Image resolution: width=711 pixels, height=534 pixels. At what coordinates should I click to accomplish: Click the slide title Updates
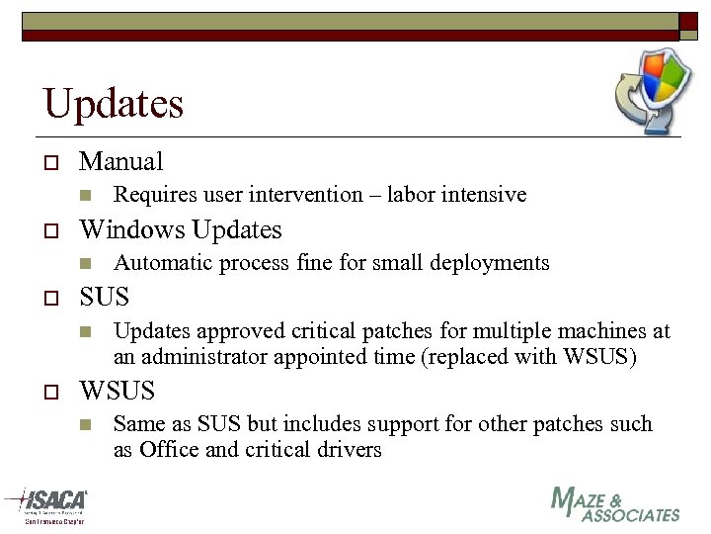tap(113, 103)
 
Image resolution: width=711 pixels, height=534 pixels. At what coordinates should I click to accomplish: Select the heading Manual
tap(120, 161)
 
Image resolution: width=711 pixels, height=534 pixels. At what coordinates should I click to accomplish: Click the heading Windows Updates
tap(180, 229)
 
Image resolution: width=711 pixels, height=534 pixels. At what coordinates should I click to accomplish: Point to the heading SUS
tap(104, 298)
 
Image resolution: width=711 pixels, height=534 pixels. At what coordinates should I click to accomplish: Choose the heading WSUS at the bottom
tap(117, 391)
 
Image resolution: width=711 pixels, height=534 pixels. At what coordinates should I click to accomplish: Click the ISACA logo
tap(46, 504)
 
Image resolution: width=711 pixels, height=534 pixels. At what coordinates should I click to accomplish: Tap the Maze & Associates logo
tap(614, 504)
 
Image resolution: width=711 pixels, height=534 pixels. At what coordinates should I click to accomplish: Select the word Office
tap(169, 449)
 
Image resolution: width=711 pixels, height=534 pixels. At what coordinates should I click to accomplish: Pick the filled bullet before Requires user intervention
tap(86, 196)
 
